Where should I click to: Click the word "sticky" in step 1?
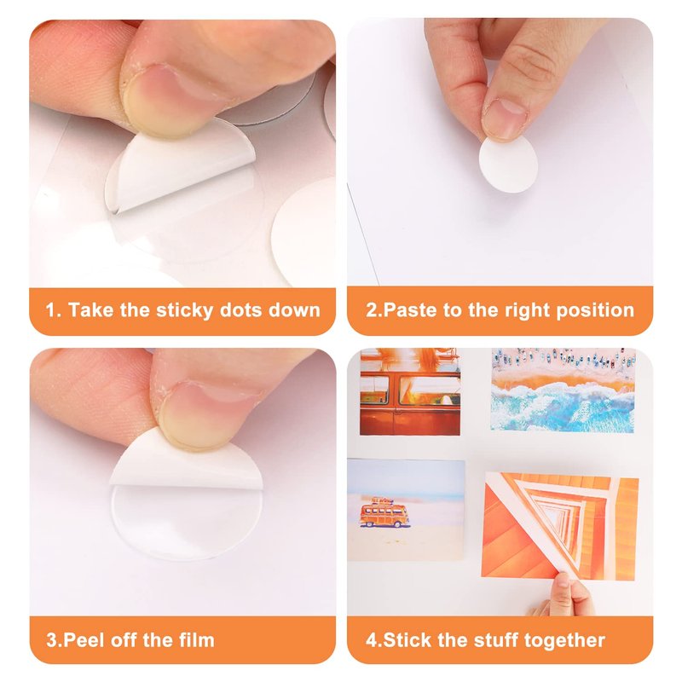[x=184, y=310]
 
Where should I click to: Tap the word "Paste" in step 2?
[x=411, y=310]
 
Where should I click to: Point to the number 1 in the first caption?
[x=50, y=310]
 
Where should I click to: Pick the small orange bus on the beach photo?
[x=384, y=513]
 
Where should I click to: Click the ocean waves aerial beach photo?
[x=564, y=390]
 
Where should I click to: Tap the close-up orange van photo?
[x=410, y=391]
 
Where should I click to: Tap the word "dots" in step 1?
[x=241, y=310]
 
